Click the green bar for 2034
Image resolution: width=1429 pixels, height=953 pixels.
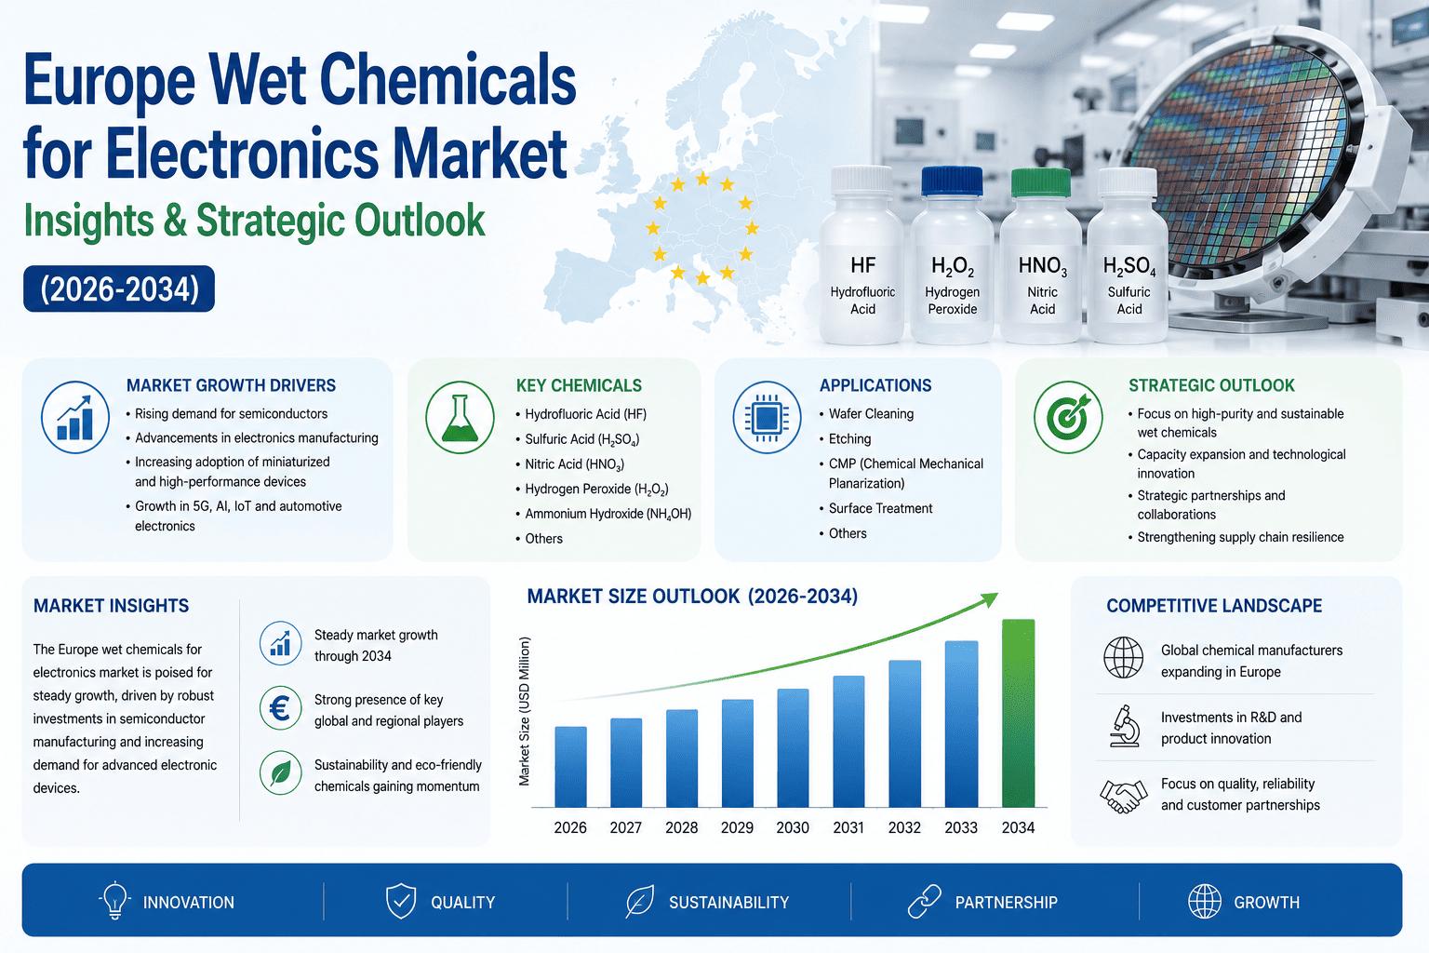pyautogui.click(x=1018, y=713)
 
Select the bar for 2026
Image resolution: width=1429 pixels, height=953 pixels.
pyautogui.click(x=570, y=767)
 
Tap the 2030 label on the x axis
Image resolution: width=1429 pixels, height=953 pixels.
pyautogui.click(x=793, y=828)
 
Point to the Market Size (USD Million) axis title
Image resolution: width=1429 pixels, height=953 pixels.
pyautogui.click(x=525, y=711)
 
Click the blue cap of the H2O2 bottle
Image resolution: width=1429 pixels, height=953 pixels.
pyautogui.click(x=952, y=181)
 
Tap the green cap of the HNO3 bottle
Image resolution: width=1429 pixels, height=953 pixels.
pyautogui.click(x=1040, y=182)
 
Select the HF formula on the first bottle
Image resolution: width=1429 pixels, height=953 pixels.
pyautogui.click(x=862, y=265)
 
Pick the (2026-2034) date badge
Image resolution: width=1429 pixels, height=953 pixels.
pyautogui.click(x=119, y=289)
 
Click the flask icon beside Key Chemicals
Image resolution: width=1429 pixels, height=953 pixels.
pyautogui.click(x=460, y=418)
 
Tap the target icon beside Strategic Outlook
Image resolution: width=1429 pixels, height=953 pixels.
pyautogui.click(x=1068, y=418)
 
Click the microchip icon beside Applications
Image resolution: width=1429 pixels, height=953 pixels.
pyautogui.click(x=767, y=418)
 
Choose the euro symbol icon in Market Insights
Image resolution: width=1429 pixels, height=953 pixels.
pyautogui.click(x=281, y=708)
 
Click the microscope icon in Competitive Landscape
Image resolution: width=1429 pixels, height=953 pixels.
pyautogui.click(x=1124, y=726)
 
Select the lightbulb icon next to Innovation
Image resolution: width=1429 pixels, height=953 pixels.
pyautogui.click(x=114, y=900)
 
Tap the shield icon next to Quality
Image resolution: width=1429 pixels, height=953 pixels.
pyautogui.click(x=401, y=901)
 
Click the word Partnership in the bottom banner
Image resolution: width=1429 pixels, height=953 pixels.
pyautogui.click(x=1006, y=902)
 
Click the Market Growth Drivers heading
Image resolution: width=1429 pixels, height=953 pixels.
pyautogui.click(x=231, y=385)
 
